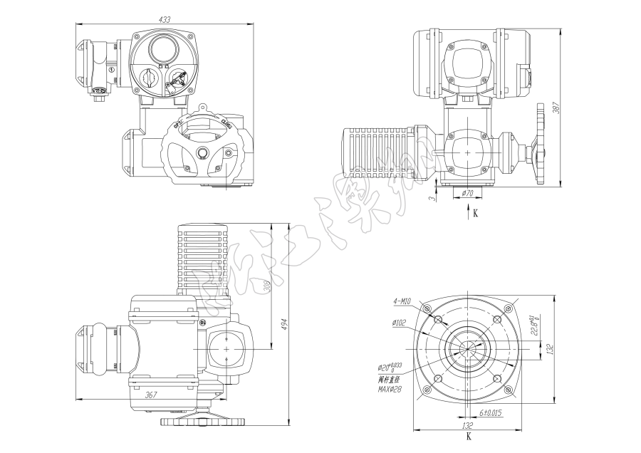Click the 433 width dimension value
(165, 20)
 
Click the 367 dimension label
(151, 394)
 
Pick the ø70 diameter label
(468, 193)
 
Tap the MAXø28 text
(390, 390)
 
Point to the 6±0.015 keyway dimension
(489, 413)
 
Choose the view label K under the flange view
(468, 436)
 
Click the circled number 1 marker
(112, 69)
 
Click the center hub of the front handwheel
(203, 152)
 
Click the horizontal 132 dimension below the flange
(468, 425)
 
